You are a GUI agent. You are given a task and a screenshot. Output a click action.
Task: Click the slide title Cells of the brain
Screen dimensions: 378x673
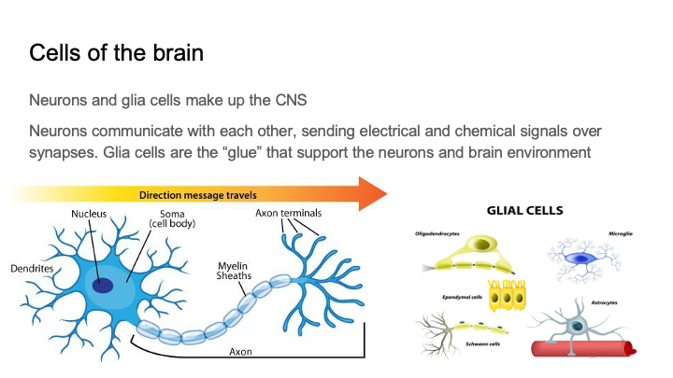tap(116, 51)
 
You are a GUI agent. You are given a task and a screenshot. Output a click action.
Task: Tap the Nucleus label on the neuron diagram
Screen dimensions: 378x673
tap(90, 214)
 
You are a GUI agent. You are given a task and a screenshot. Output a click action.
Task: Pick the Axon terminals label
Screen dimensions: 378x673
tap(289, 214)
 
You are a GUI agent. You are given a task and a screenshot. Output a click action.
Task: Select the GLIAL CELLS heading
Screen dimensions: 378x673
tap(524, 211)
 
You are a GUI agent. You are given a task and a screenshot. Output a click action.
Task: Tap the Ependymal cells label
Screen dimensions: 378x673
tap(462, 297)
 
